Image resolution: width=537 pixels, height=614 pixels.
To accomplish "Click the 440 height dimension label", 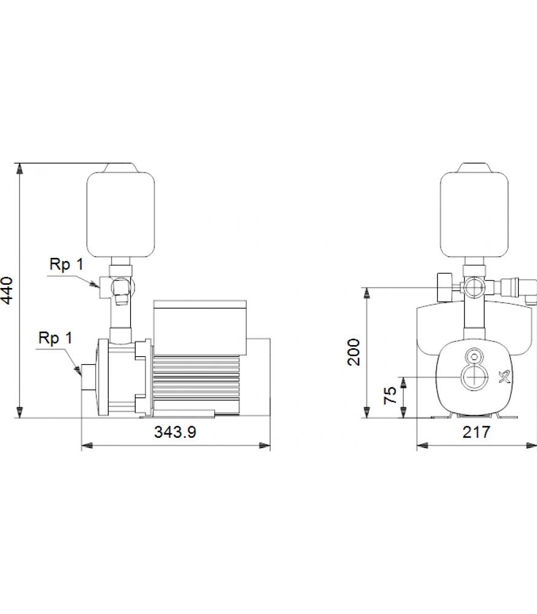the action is [x=7, y=290].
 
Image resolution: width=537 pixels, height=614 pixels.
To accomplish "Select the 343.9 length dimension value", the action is [x=175, y=432].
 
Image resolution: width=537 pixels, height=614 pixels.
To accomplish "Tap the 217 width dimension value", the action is [x=476, y=432].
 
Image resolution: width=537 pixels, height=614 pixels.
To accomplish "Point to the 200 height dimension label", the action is [x=354, y=352].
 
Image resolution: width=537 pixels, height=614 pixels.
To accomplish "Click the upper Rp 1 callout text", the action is [x=66, y=264].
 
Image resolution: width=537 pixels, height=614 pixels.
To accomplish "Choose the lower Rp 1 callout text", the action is [x=56, y=338].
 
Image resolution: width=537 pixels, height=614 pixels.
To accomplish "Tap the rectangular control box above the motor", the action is [x=200, y=328].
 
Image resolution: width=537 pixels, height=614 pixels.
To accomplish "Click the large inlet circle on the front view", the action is [x=475, y=377].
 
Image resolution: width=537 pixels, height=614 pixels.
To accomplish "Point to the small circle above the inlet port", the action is [x=474, y=357].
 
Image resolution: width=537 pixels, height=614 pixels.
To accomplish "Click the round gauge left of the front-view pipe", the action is [x=444, y=287].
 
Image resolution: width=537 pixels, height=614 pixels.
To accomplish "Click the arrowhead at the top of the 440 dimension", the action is [x=19, y=168].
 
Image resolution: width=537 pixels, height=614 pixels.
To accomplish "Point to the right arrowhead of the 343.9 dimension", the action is [x=265, y=446].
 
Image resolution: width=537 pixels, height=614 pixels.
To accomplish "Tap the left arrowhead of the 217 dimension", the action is [x=422, y=446].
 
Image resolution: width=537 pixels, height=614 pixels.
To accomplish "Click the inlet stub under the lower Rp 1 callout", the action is [x=88, y=378].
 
